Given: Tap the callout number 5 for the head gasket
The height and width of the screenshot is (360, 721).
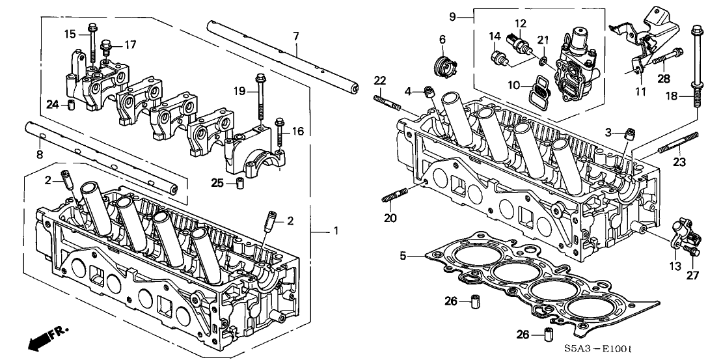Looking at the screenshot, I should [x=403, y=256].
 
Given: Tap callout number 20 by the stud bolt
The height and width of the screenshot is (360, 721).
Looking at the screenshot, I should [x=389, y=217].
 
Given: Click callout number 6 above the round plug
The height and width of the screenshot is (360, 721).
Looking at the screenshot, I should [x=442, y=39].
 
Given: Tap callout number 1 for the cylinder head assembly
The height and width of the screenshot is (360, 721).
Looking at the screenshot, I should [x=336, y=231].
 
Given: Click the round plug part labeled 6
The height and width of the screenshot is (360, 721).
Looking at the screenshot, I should [x=444, y=64].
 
